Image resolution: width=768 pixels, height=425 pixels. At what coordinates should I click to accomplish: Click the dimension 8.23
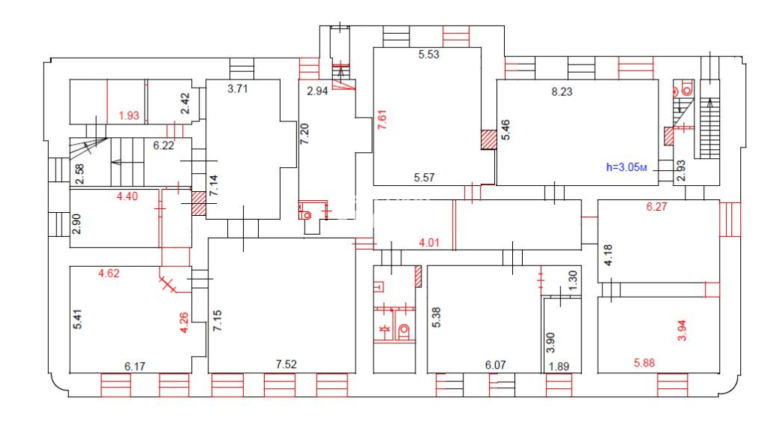(x=565, y=91)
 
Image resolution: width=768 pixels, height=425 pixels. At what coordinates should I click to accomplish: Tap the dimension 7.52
(x=287, y=365)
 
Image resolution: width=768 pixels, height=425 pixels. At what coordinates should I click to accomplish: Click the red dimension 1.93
(x=130, y=115)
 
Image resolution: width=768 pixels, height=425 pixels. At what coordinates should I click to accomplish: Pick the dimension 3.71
(x=238, y=89)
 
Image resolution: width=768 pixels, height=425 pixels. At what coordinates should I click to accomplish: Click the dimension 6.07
(x=496, y=365)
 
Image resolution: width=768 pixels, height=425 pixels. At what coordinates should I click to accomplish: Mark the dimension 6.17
(x=135, y=366)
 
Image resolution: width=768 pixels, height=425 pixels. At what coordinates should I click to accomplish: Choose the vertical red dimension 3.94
(x=681, y=331)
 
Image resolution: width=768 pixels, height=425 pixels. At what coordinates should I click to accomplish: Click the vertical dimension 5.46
(x=505, y=132)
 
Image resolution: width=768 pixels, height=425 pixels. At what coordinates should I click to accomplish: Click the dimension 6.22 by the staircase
(x=163, y=145)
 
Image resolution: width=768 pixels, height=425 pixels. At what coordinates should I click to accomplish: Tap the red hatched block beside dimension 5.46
(x=487, y=139)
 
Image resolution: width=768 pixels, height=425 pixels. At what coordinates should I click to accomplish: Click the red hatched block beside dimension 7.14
(x=198, y=203)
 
